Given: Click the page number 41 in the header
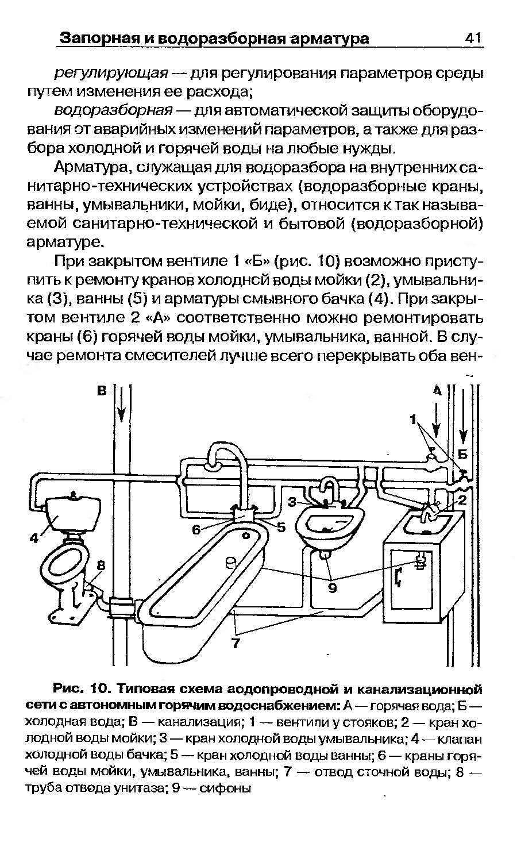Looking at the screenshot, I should tap(472, 38).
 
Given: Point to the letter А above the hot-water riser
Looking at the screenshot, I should tap(436, 391).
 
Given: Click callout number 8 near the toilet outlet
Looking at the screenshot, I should tap(102, 565).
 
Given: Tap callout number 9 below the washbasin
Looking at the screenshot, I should tap(333, 588).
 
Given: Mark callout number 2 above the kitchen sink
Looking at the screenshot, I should tap(461, 500).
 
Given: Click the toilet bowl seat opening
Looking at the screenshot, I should tap(64, 559).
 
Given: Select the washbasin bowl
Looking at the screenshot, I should tap(329, 523).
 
